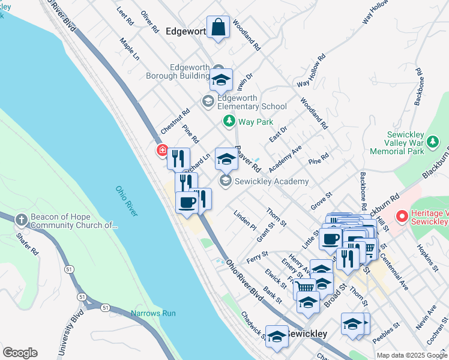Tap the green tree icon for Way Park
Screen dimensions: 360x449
(229, 122)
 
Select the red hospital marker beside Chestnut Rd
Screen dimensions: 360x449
(161, 150)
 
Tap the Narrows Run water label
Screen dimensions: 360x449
(153, 313)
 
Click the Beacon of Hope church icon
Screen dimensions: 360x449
(22, 220)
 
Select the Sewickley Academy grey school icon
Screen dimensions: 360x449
(225, 181)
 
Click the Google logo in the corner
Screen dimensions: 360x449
(20, 352)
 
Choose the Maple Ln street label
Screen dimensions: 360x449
(130, 50)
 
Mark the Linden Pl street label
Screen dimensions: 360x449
(245, 221)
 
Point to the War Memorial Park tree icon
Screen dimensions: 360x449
(432, 142)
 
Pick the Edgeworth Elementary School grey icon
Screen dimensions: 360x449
(208, 101)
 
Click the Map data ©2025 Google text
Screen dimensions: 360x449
(411, 355)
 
